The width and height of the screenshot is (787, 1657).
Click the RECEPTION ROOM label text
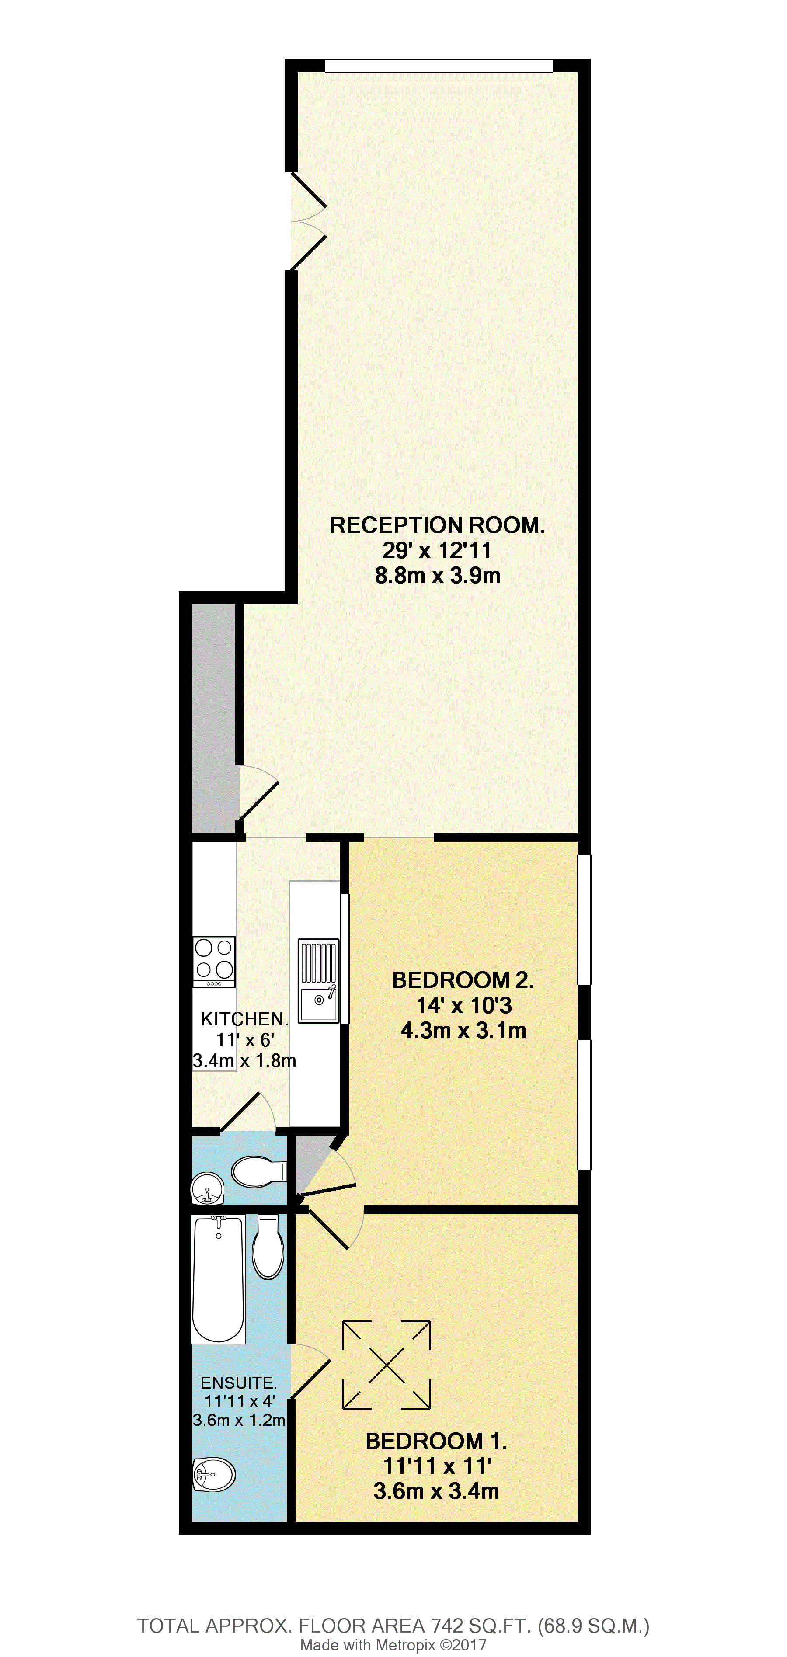coord(437,525)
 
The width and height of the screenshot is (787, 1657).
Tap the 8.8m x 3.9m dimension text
coord(437,575)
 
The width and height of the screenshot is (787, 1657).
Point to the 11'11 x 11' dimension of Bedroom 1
coord(437,1466)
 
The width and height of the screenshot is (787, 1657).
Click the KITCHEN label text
coord(244,1019)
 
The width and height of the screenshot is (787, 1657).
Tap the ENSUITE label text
coord(238,1383)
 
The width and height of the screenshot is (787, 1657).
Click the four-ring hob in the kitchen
coord(214,961)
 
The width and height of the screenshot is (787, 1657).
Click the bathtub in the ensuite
coord(218,1279)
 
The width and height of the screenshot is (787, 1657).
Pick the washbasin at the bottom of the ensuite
coord(214,1474)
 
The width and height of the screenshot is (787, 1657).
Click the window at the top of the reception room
coord(438,66)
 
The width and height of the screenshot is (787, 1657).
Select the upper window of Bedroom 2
coord(584,919)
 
